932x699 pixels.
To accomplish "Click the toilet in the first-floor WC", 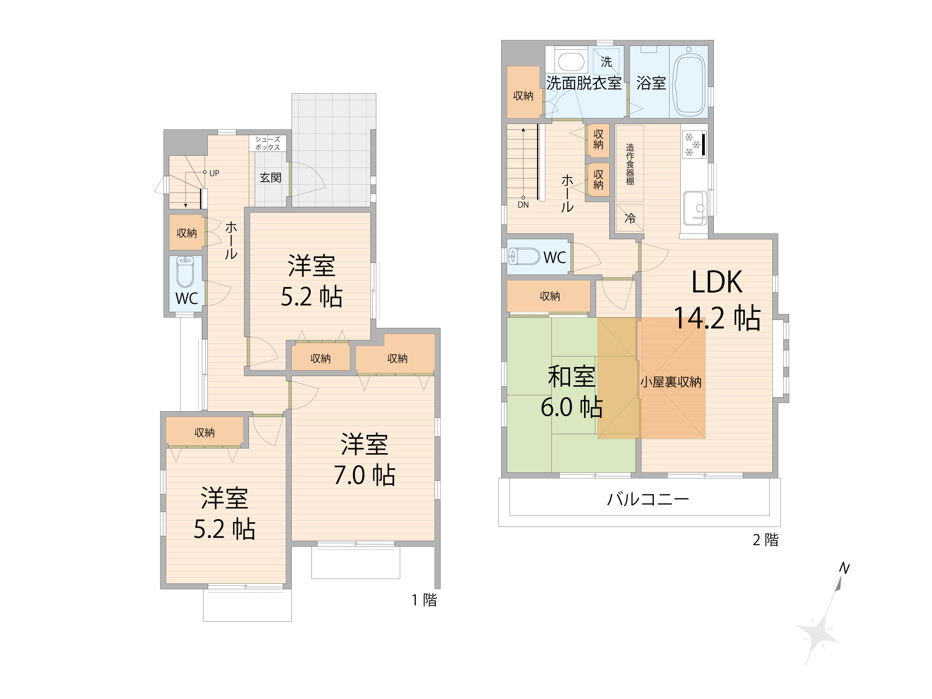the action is point(184,271).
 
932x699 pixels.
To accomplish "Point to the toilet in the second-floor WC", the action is point(524,256).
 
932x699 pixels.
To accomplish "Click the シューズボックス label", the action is point(268,143).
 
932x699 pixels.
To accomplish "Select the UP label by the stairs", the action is point(214,173).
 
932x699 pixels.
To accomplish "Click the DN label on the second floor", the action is point(523,205).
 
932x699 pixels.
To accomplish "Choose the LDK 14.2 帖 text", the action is point(717,299).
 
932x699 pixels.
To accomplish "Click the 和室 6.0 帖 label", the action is point(572,391).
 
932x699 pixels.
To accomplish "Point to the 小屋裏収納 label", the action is point(671,382).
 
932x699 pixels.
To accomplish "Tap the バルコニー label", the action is point(648,499).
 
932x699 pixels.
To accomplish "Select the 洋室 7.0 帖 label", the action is point(365,459).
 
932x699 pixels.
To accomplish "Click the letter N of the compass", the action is point(844,569).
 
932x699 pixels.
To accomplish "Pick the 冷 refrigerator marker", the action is point(630,218).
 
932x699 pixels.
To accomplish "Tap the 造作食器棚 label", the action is point(630,164).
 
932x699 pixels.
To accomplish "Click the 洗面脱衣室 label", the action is point(584,83).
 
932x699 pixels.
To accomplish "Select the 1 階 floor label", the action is point(424,600).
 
